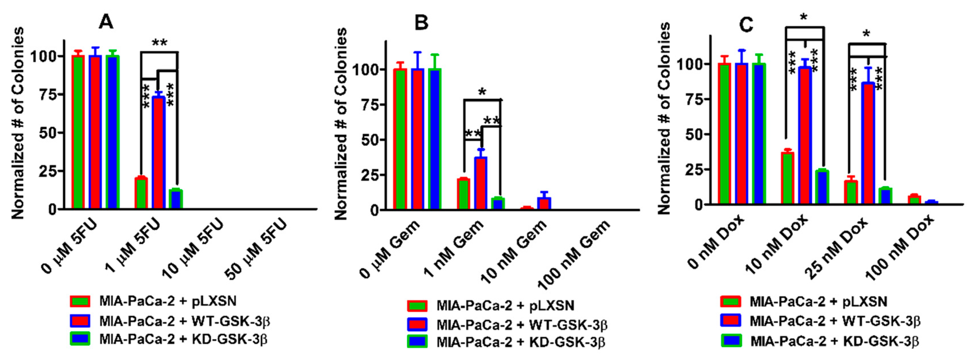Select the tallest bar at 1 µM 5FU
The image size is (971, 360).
click(x=158, y=153)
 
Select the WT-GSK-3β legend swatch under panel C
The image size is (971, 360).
click(x=731, y=321)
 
